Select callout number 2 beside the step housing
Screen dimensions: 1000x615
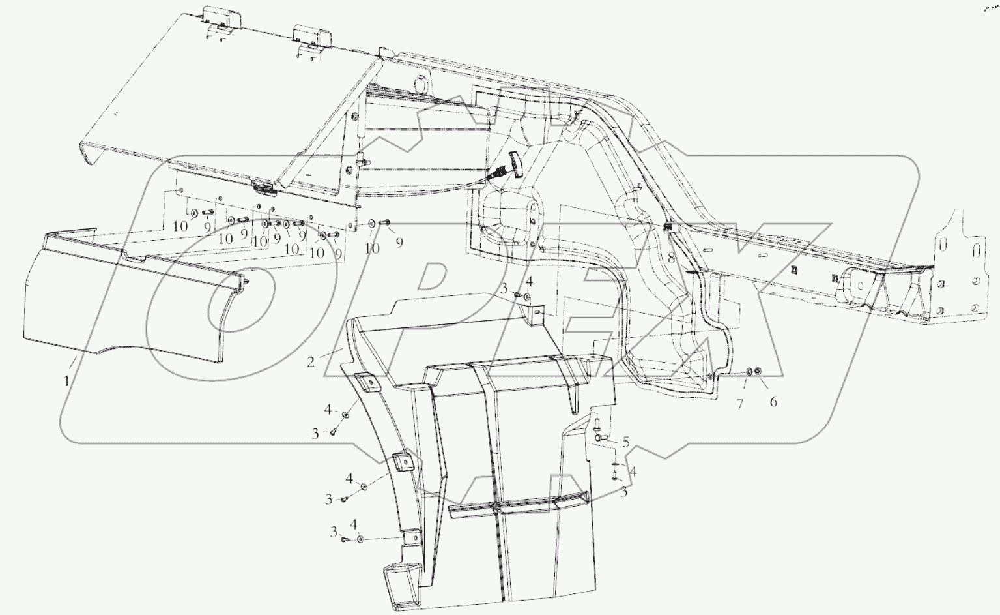(311, 361)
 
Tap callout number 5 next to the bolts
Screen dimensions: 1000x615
(625, 443)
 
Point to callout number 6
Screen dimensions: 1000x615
(773, 401)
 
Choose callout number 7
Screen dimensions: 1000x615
(739, 404)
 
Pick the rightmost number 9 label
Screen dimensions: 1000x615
(399, 242)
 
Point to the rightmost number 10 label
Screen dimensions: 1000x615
(371, 248)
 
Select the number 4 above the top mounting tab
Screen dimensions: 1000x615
(529, 282)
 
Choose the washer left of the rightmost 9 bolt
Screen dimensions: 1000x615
(371, 224)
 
